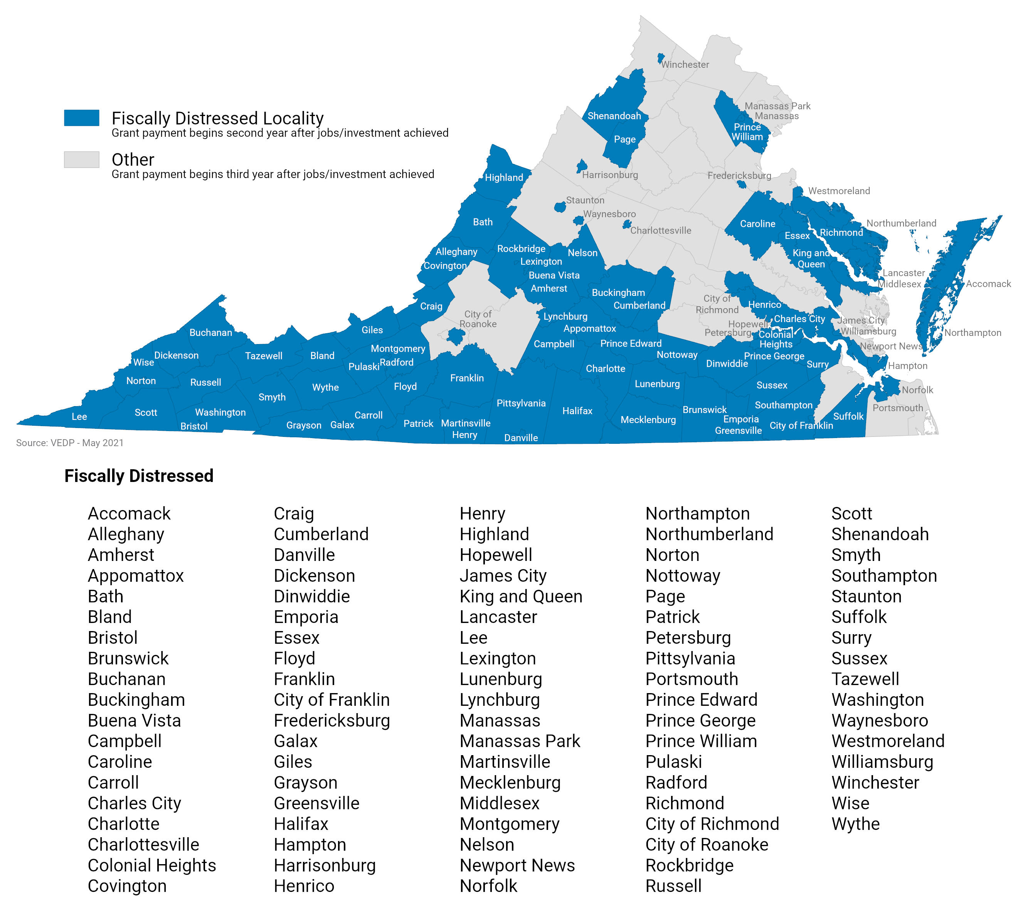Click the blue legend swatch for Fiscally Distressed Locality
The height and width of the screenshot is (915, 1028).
(x=81, y=117)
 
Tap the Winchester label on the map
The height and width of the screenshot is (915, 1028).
(x=685, y=64)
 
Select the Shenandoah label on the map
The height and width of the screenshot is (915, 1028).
(x=614, y=116)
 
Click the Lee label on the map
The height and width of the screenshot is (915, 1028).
(x=79, y=416)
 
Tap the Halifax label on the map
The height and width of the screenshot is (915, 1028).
(x=577, y=411)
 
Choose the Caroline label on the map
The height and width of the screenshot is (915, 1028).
(x=757, y=224)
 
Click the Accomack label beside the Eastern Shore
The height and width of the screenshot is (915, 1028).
(x=988, y=284)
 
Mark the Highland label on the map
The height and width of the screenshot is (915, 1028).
(x=503, y=178)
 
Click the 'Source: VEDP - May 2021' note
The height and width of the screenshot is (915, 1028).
(x=69, y=442)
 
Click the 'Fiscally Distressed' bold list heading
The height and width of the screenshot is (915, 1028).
(x=139, y=475)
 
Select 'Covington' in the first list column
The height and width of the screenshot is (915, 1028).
(x=127, y=885)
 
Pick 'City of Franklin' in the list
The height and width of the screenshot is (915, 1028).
(x=331, y=699)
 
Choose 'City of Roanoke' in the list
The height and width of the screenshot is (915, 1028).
(x=706, y=844)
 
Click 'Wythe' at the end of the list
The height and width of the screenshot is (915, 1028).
(x=855, y=824)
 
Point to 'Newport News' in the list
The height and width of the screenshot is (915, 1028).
(x=517, y=865)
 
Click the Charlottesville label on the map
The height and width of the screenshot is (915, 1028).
(x=660, y=230)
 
